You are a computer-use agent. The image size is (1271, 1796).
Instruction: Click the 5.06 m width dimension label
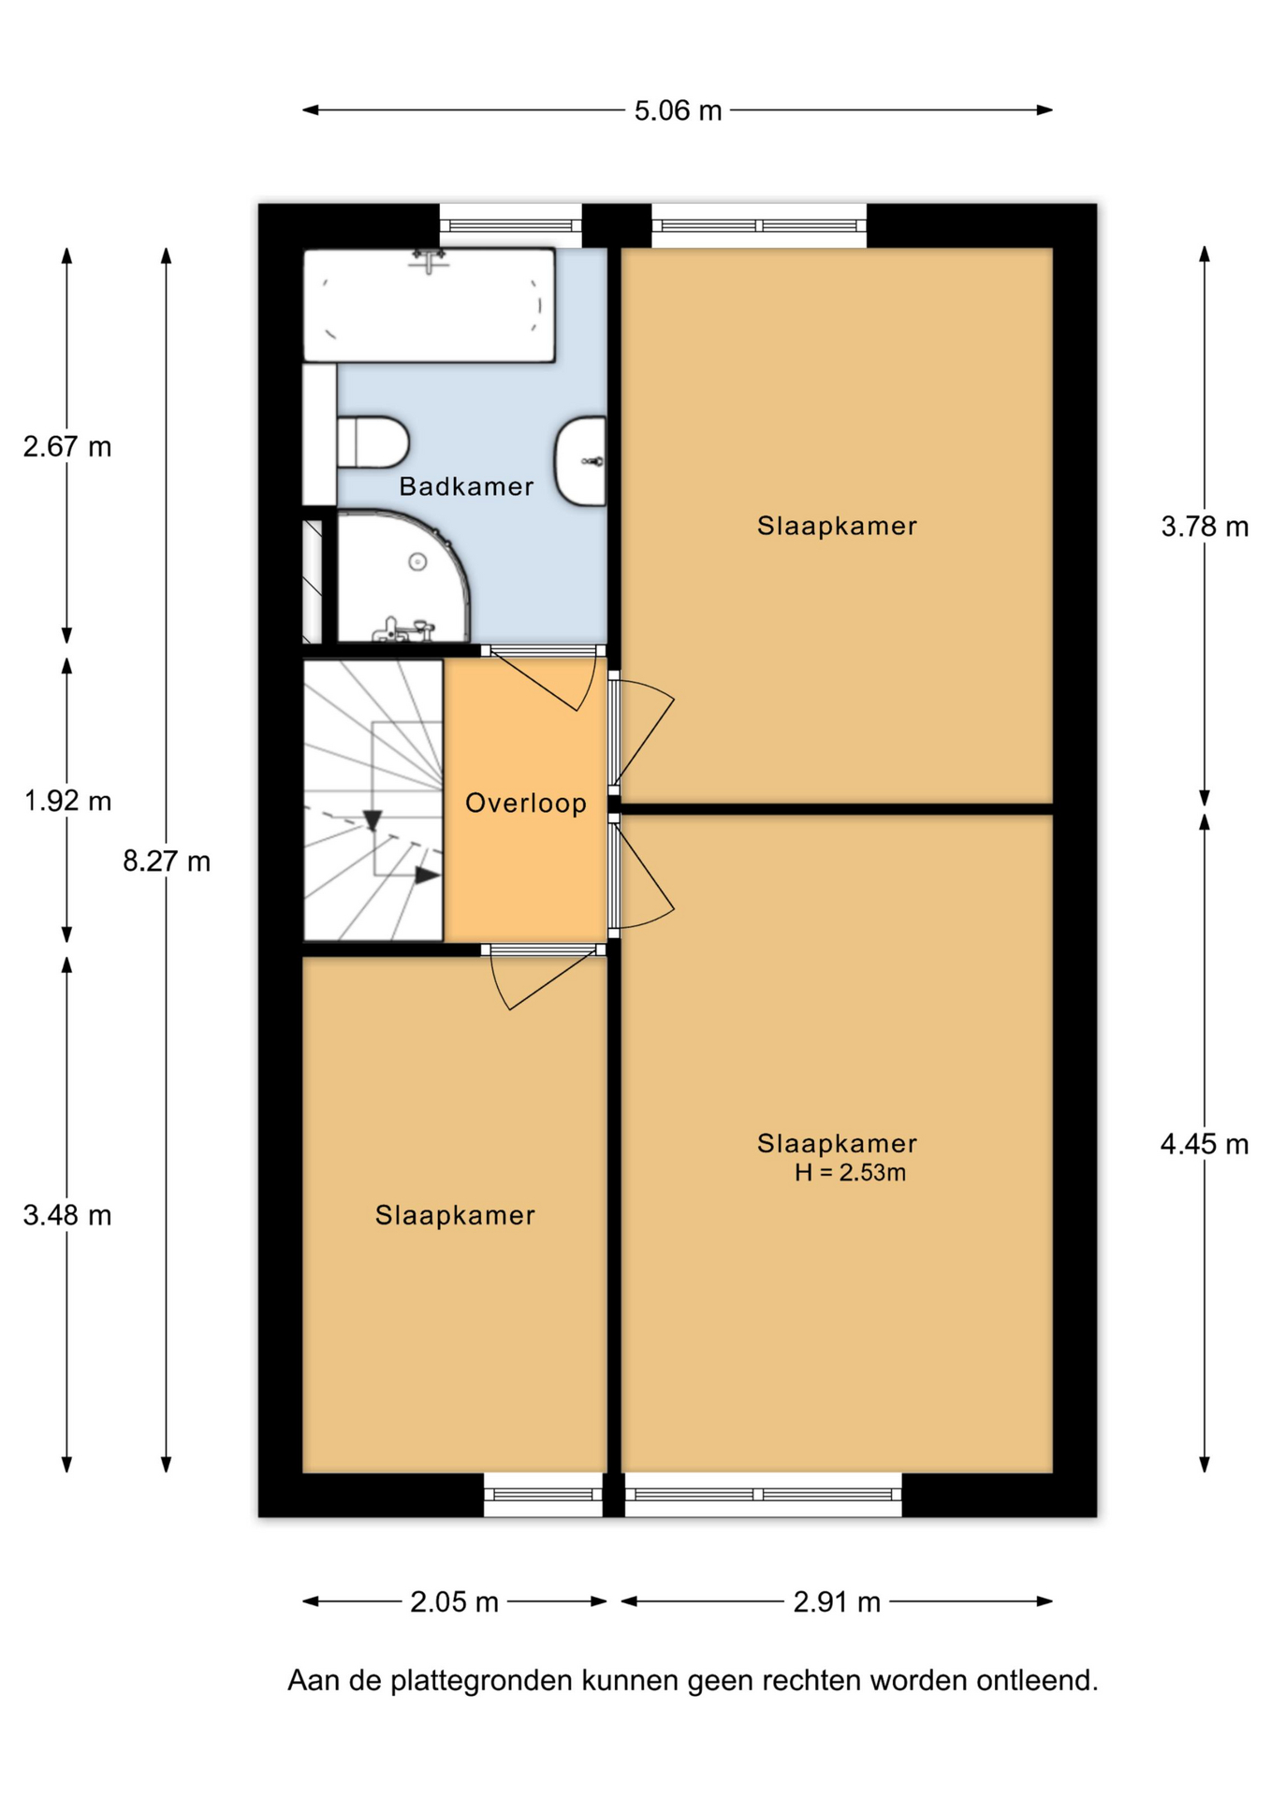678,111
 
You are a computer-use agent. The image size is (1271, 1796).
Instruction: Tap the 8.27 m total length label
167,861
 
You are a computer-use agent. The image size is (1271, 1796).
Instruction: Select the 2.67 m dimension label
67,447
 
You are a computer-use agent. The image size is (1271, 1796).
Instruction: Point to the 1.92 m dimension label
67,801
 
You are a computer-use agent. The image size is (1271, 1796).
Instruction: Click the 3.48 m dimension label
67,1215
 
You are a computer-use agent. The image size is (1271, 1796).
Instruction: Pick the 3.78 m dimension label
1205,527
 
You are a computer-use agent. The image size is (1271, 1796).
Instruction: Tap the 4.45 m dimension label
1205,1143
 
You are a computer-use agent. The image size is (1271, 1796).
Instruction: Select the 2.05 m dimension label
454,1602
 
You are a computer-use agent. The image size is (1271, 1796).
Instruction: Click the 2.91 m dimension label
837,1602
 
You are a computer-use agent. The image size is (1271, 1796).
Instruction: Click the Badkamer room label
466,486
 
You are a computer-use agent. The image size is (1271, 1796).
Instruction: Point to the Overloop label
526,803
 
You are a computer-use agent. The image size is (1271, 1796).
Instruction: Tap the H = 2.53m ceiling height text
850,1173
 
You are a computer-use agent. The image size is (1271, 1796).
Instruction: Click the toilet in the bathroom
373,442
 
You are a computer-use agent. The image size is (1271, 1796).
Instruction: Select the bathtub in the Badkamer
430,305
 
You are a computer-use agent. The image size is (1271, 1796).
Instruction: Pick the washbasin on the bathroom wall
581,461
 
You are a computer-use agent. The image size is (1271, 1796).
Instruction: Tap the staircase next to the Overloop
373,801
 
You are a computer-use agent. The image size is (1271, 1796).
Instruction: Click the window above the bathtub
511,225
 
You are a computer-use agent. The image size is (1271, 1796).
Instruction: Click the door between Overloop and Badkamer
543,679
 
